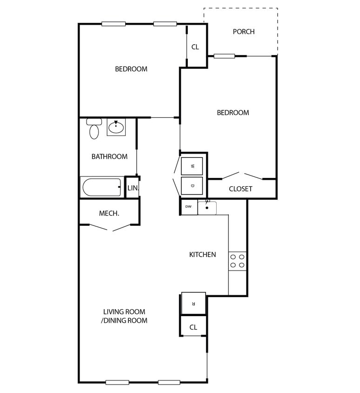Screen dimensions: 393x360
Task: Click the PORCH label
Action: tap(243, 32)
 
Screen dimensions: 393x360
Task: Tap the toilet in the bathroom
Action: tap(94, 129)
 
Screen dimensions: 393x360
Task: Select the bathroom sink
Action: tap(116, 127)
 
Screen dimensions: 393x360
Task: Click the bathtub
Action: tap(101, 188)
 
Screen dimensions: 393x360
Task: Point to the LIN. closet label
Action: tap(133, 189)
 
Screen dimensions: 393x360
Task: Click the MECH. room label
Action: tap(109, 213)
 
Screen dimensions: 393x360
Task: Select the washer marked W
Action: tap(192, 165)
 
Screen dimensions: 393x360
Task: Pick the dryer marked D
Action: tap(192, 185)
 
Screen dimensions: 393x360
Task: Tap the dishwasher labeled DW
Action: tap(188, 207)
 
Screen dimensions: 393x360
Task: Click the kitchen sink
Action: tap(207, 207)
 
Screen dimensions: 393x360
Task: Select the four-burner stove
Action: tap(237, 261)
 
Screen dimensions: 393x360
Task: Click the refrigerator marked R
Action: tap(193, 303)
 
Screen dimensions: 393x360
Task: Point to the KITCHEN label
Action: tap(202, 255)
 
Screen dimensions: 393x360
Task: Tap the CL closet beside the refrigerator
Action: tap(193, 327)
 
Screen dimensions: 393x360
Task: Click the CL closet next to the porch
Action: tap(195, 47)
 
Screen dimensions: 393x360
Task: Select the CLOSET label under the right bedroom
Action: tap(240, 189)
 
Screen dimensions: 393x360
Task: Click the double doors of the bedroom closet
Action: tap(242, 176)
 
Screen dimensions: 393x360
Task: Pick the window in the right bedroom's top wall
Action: tap(224, 56)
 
